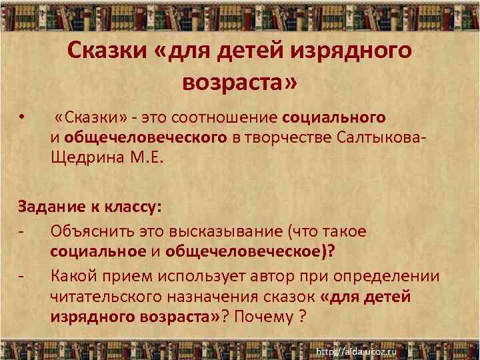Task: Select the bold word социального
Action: coord(334,118)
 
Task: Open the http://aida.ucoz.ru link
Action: coord(356,351)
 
